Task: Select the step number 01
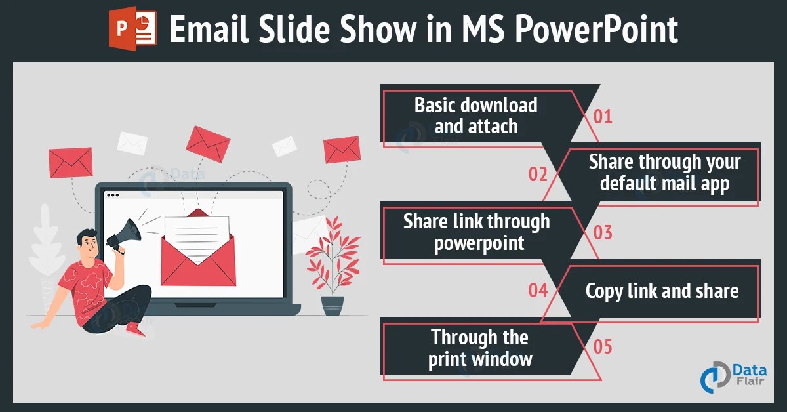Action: click(x=603, y=117)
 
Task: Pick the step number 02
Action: click(x=538, y=174)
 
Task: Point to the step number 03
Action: click(x=603, y=232)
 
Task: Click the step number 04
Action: click(x=538, y=289)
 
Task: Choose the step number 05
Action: click(x=603, y=346)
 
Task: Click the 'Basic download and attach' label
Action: click(x=475, y=115)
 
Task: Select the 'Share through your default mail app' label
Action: click(x=664, y=173)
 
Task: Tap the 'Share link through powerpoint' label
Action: click(x=477, y=232)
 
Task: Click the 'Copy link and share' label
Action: click(x=662, y=291)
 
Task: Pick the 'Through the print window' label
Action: click(x=479, y=348)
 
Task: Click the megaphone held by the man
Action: click(x=125, y=234)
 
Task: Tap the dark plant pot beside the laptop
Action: click(x=333, y=306)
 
